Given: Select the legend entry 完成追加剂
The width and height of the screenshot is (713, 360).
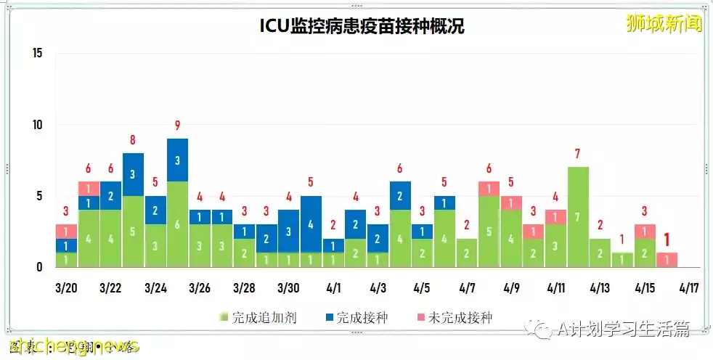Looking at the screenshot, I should pyautogui.click(x=258, y=317).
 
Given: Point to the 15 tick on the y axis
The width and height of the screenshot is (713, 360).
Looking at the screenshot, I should pyautogui.click(x=38, y=53).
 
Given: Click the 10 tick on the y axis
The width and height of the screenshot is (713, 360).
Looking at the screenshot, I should pyautogui.click(x=38, y=124).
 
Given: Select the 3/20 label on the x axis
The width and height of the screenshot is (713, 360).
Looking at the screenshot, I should pyautogui.click(x=66, y=287).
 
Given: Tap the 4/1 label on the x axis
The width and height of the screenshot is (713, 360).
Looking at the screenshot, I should pyautogui.click(x=333, y=287).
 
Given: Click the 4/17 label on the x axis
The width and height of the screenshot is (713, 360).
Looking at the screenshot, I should pyautogui.click(x=688, y=287).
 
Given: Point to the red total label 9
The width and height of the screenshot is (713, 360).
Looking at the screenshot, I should pyautogui.click(x=177, y=126).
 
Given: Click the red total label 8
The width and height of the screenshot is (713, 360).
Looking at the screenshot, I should pyautogui.click(x=133, y=140).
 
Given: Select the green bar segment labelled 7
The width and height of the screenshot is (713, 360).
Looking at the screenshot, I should pyautogui.click(x=578, y=217).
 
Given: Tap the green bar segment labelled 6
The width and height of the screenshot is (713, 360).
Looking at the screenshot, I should pyautogui.click(x=177, y=224).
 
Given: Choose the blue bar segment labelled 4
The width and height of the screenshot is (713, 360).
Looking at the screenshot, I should pyautogui.click(x=311, y=224).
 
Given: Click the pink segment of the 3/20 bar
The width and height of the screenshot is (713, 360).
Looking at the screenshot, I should pyautogui.click(x=66, y=232).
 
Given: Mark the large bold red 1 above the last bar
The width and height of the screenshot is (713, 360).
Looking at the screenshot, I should pyautogui.click(x=667, y=239).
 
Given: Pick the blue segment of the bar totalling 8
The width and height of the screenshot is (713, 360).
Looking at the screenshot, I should pyautogui.click(x=133, y=174).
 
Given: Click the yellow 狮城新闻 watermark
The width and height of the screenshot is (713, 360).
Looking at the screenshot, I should pyautogui.click(x=664, y=23).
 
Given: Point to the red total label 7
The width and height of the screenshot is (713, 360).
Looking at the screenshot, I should pyautogui.click(x=578, y=154).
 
